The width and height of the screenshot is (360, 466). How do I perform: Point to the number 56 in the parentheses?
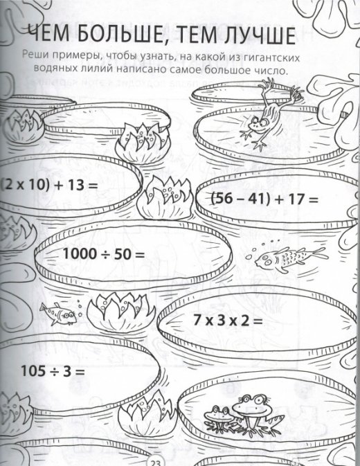pyautogui.click(x=224, y=198)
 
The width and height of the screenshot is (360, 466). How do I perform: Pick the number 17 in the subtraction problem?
pyautogui.click(x=296, y=199)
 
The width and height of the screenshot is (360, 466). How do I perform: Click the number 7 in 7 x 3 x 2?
pyautogui.click(x=197, y=321)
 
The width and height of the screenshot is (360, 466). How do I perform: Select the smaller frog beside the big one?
pyautogui.click(x=219, y=418)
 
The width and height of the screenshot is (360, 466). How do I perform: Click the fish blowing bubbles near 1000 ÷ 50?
pyautogui.click(x=289, y=258)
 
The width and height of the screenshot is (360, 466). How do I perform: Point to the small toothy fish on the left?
pyautogui.click(x=59, y=314)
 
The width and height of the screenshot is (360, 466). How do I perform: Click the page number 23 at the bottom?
pyautogui.click(x=155, y=463)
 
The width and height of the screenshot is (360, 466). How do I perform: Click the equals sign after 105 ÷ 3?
pyautogui.click(x=80, y=372)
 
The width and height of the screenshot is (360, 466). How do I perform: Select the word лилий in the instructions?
pyautogui.click(x=98, y=71)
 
